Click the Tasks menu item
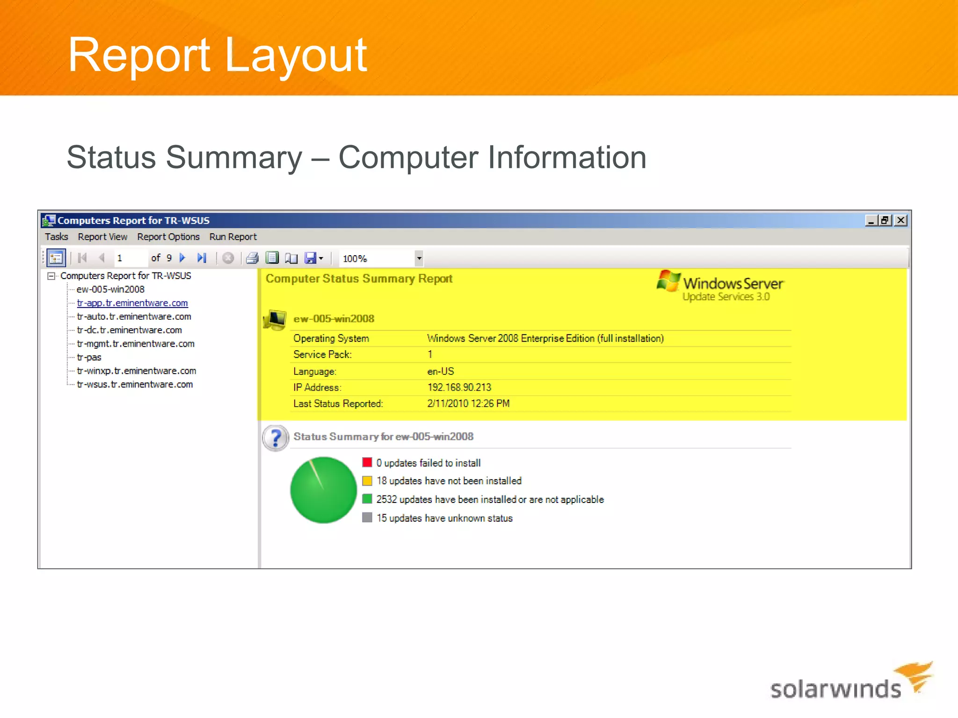56,237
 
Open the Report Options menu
168,237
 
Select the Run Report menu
232,237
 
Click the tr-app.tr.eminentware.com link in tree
132,303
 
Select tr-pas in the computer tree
89,357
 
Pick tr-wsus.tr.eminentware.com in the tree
134,384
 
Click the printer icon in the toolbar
252,258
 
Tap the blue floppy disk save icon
310,258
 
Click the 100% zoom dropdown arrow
419,258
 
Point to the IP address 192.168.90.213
459,388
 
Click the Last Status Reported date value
468,403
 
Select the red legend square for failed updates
367,462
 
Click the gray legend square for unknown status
367,517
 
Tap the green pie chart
323,490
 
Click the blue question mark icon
275,438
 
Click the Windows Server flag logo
668,281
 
